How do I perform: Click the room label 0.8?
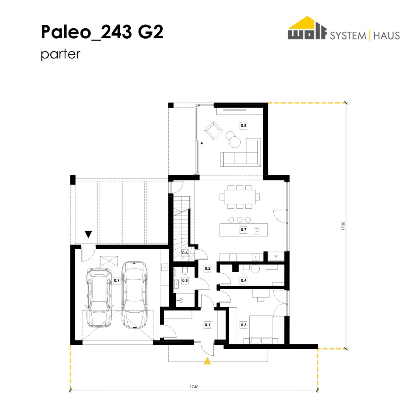pyautogui.click(x=243, y=125)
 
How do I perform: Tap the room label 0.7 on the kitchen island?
pyautogui.click(x=243, y=230)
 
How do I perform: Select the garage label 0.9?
pyautogui.click(x=116, y=281)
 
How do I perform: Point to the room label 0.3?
pyautogui.click(x=243, y=325)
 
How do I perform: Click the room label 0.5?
pyautogui.click(x=185, y=281)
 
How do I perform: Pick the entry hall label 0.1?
pyautogui.click(x=207, y=325)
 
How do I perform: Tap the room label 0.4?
pyautogui.click(x=243, y=281)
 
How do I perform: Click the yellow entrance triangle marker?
pyautogui.click(x=207, y=361)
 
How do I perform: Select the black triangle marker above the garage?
pyautogui.click(x=88, y=234)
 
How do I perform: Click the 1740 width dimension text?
pyautogui.click(x=194, y=387)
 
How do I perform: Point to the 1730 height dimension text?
pyautogui.click(x=343, y=226)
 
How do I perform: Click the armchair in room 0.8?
pyautogui.click(x=213, y=131)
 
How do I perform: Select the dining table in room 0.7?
pyautogui.click(x=240, y=197)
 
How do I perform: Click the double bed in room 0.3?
pyautogui.click(x=261, y=330)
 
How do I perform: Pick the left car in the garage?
pyautogui.click(x=99, y=297)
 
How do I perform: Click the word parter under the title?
pyautogui.click(x=60, y=54)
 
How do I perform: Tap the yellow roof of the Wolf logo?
pyautogui.click(x=307, y=22)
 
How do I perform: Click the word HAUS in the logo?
pyautogui.click(x=386, y=36)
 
